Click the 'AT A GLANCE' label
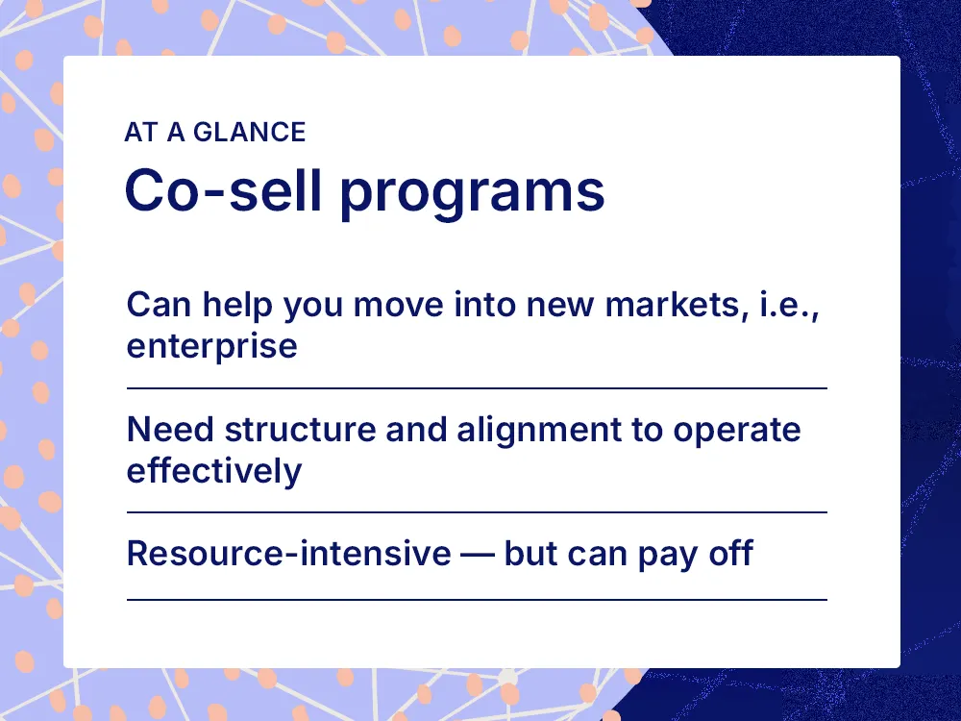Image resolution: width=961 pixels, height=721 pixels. click(x=214, y=132)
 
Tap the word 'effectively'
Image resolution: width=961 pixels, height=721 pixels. click(x=213, y=470)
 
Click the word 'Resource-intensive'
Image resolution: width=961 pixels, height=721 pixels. click(x=288, y=554)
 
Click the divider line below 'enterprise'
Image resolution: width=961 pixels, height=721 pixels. click(x=477, y=388)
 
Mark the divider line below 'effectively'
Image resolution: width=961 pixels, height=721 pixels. click(x=477, y=512)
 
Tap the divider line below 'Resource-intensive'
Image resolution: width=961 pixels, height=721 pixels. click(x=477, y=600)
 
